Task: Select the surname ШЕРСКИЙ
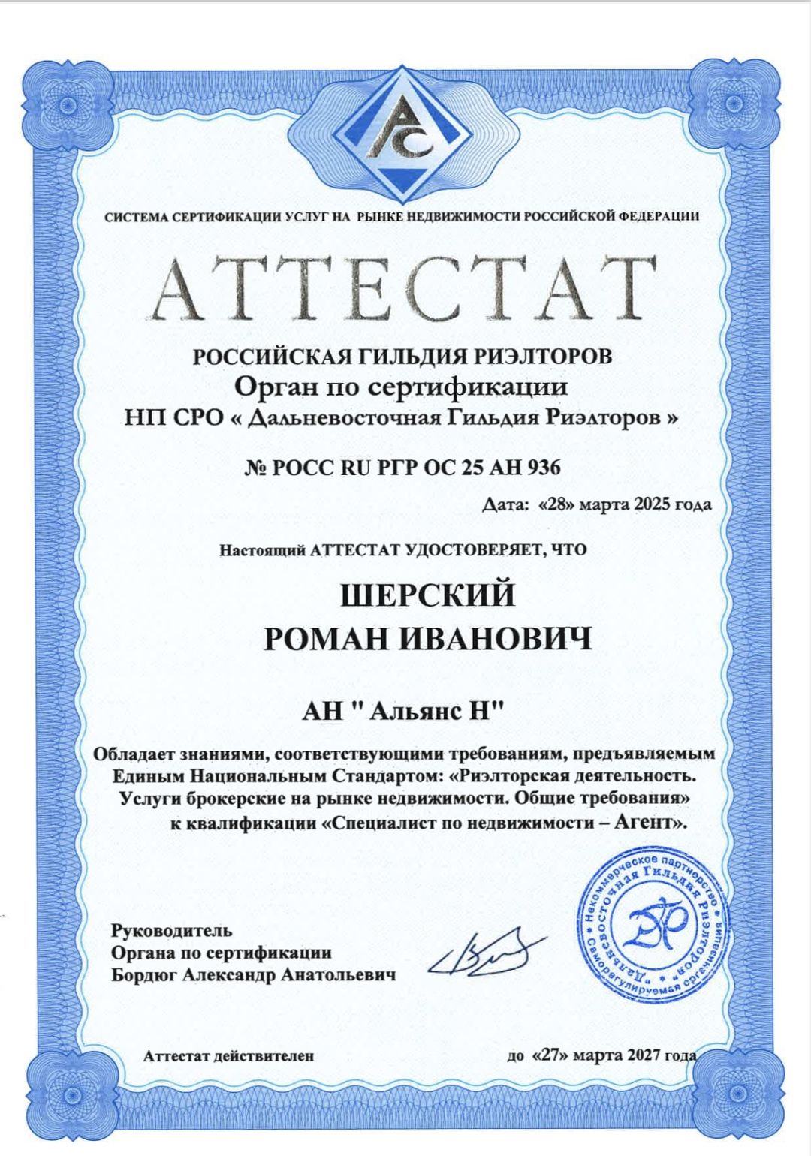pos(428,595)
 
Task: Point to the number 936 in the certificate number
pos(544,468)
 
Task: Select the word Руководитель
pos(172,931)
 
